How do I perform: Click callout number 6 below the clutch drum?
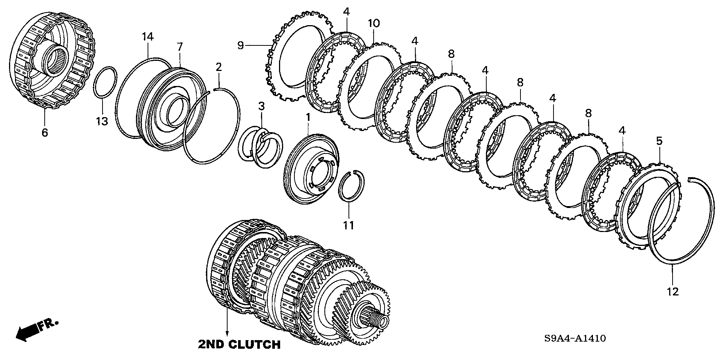tap(45, 133)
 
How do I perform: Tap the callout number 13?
tap(102, 121)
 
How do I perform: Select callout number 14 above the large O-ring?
tap(148, 37)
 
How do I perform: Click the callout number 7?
tap(180, 47)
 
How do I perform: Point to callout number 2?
tap(219, 67)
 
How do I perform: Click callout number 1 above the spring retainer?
tap(308, 117)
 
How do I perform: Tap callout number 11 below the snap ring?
tap(349, 225)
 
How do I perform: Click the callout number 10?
tap(374, 23)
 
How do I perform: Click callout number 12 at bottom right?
tap(673, 291)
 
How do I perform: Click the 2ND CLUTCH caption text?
tap(239, 344)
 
